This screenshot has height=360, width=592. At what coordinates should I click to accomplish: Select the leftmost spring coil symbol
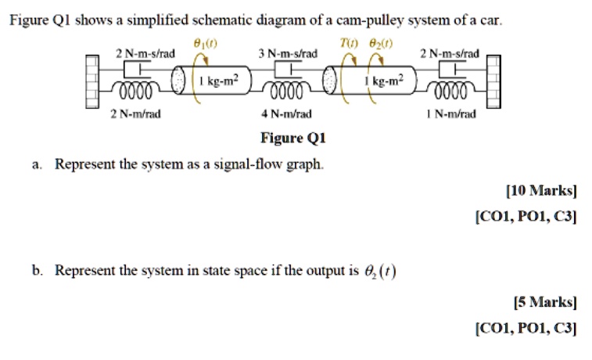(x=138, y=92)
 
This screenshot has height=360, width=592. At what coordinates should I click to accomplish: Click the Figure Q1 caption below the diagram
(x=292, y=139)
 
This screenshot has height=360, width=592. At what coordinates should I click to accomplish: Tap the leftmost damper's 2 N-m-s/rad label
(x=145, y=53)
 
